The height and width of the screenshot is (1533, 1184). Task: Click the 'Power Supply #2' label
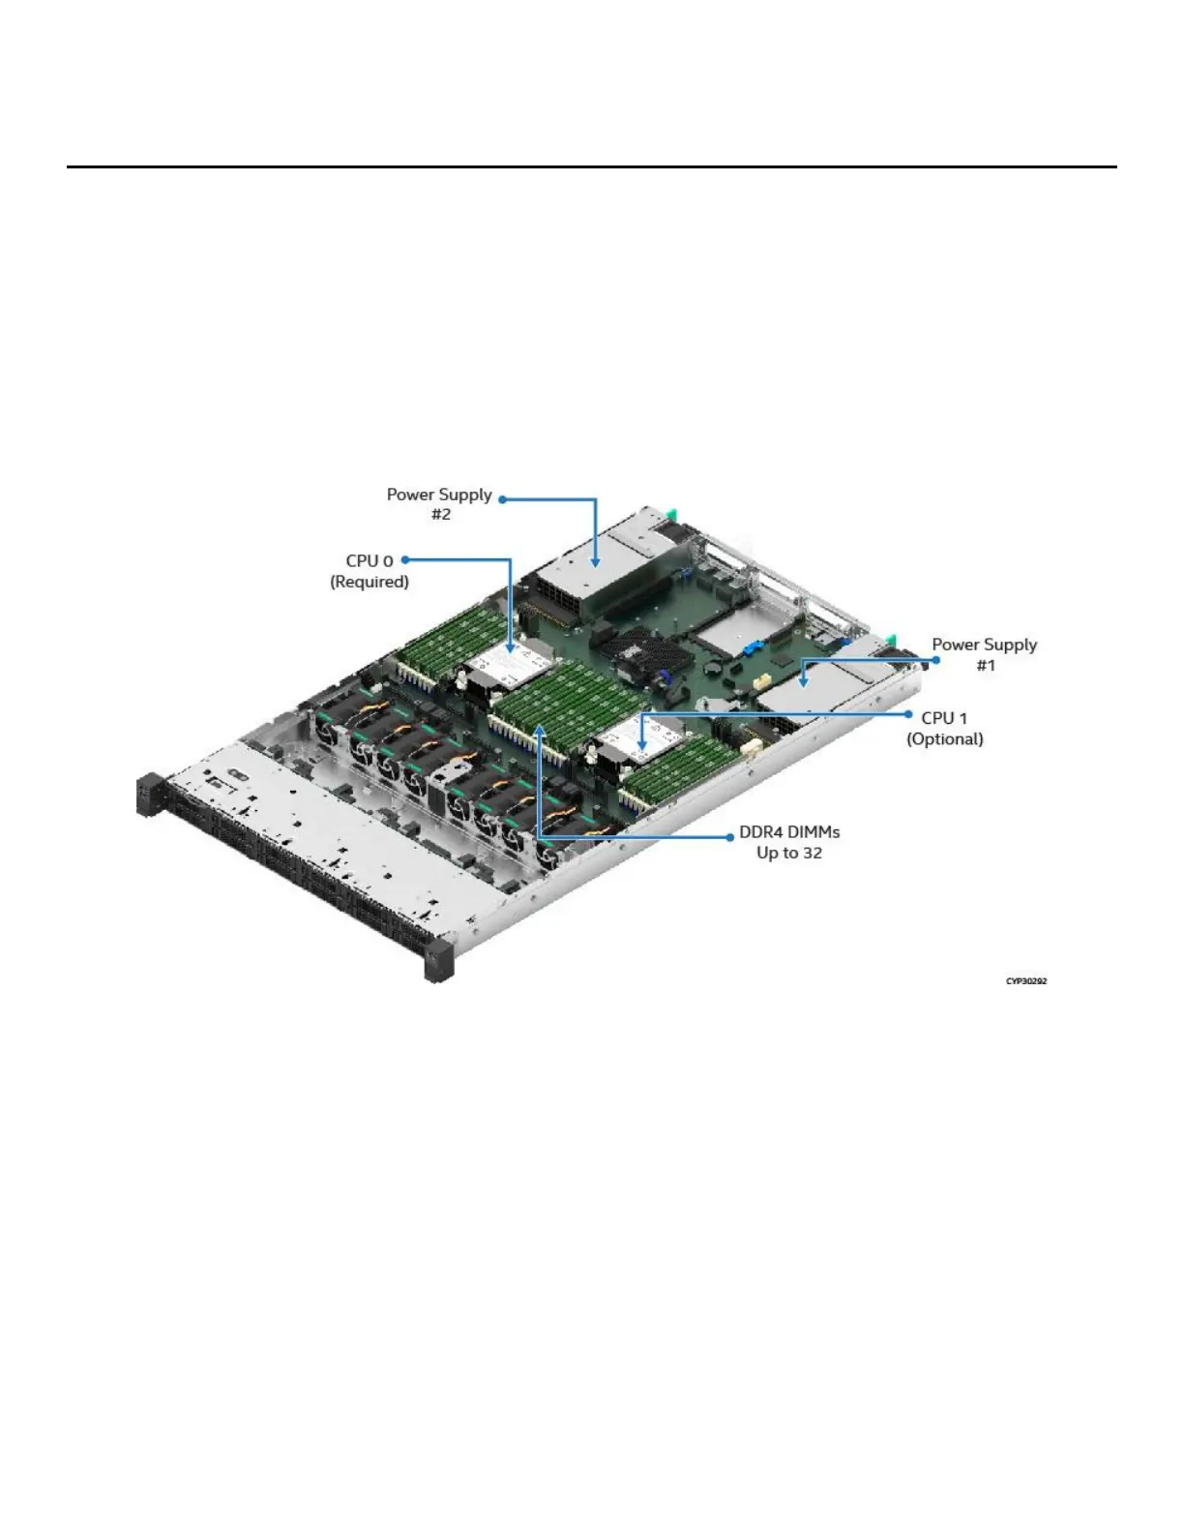pyautogui.click(x=439, y=503)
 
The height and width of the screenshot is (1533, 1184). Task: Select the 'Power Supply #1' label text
pyautogui.click(x=984, y=654)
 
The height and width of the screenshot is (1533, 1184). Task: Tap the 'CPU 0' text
pyautogui.click(x=370, y=561)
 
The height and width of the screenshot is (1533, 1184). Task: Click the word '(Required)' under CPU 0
pyautogui.click(x=370, y=582)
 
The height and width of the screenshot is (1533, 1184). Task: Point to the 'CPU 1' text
pyautogui.click(x=944, y=718)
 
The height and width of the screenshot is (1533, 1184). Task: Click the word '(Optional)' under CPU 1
pyautogui.click(x=944, y=739)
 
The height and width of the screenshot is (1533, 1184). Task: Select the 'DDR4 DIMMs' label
pyautogui.click(x=789, y=832)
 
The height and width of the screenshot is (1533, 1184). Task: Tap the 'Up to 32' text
pyautogui.click(x=789, y=854)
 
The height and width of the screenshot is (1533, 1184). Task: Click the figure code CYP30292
pyautogui.click(x=1025, y=981)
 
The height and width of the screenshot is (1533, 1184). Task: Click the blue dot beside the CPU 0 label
pyautogui.click(x=405, y=559)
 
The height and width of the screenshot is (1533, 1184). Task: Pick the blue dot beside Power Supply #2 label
pyautogui.click(x=502, y=499)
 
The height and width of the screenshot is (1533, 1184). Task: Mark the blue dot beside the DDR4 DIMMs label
pyautogui.click(x=730, y=836)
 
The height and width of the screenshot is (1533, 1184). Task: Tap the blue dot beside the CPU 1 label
pyautogui.click(x=910, y=714)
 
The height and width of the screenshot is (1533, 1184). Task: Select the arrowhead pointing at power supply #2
pyautogui.click(x=596, y=561)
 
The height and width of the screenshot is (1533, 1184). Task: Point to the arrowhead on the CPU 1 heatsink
pyautogui.click(x=643, y=746)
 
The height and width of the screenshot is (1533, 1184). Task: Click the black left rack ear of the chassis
pyautogui.click(x=148, y=794)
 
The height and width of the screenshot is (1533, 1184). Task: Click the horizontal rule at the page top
pyautogui.click(x=591, y=166)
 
